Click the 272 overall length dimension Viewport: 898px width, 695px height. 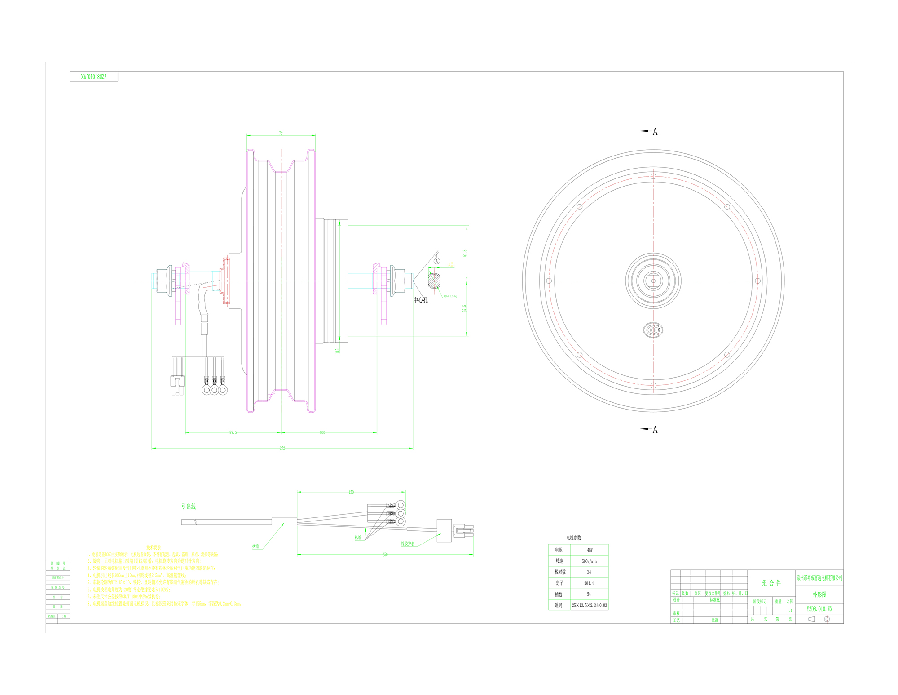(282, 448)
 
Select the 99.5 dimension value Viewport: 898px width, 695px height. (233, 432)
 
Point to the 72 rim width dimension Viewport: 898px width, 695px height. (281, 133)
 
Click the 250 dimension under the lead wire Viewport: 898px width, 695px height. (385, 555)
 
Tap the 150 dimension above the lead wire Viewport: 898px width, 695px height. (351, 492)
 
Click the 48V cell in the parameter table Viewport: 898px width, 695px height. (590, 550)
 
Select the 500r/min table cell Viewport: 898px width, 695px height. (589, 561)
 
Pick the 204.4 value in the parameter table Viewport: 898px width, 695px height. (589, 583)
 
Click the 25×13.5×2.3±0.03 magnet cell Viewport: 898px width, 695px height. (589, 605)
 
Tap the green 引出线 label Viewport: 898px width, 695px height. (189, 506)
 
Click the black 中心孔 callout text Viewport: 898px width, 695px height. (421, 300)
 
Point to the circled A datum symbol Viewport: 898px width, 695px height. (437, 261)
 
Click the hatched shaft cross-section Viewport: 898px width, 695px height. (434, 281)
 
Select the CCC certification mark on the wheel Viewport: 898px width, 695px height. (653, 330)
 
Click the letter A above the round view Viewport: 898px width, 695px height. (655, 132)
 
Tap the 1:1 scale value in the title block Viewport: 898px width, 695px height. (789, 610)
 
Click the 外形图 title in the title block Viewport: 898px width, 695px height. (819, 594)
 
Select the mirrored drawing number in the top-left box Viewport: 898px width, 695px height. (94, 77)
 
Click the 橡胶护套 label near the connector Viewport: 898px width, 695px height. (408, 544)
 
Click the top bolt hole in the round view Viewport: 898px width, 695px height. (653, 176)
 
